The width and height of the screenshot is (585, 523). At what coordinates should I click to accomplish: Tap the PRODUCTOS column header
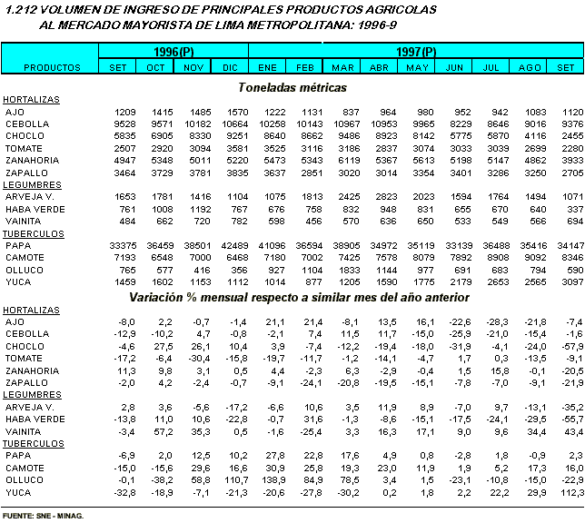[52, 67]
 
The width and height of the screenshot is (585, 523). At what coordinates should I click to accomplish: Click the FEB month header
[305, 67]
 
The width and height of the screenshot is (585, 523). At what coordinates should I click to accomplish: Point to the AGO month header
[530, 67]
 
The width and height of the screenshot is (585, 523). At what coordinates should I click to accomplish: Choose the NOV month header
[193, 67]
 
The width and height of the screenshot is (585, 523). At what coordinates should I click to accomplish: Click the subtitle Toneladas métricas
[292, 87]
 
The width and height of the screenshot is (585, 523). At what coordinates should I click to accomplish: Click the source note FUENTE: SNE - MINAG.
[43, 515]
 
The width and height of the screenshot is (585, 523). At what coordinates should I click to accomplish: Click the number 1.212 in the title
[21, 9]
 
